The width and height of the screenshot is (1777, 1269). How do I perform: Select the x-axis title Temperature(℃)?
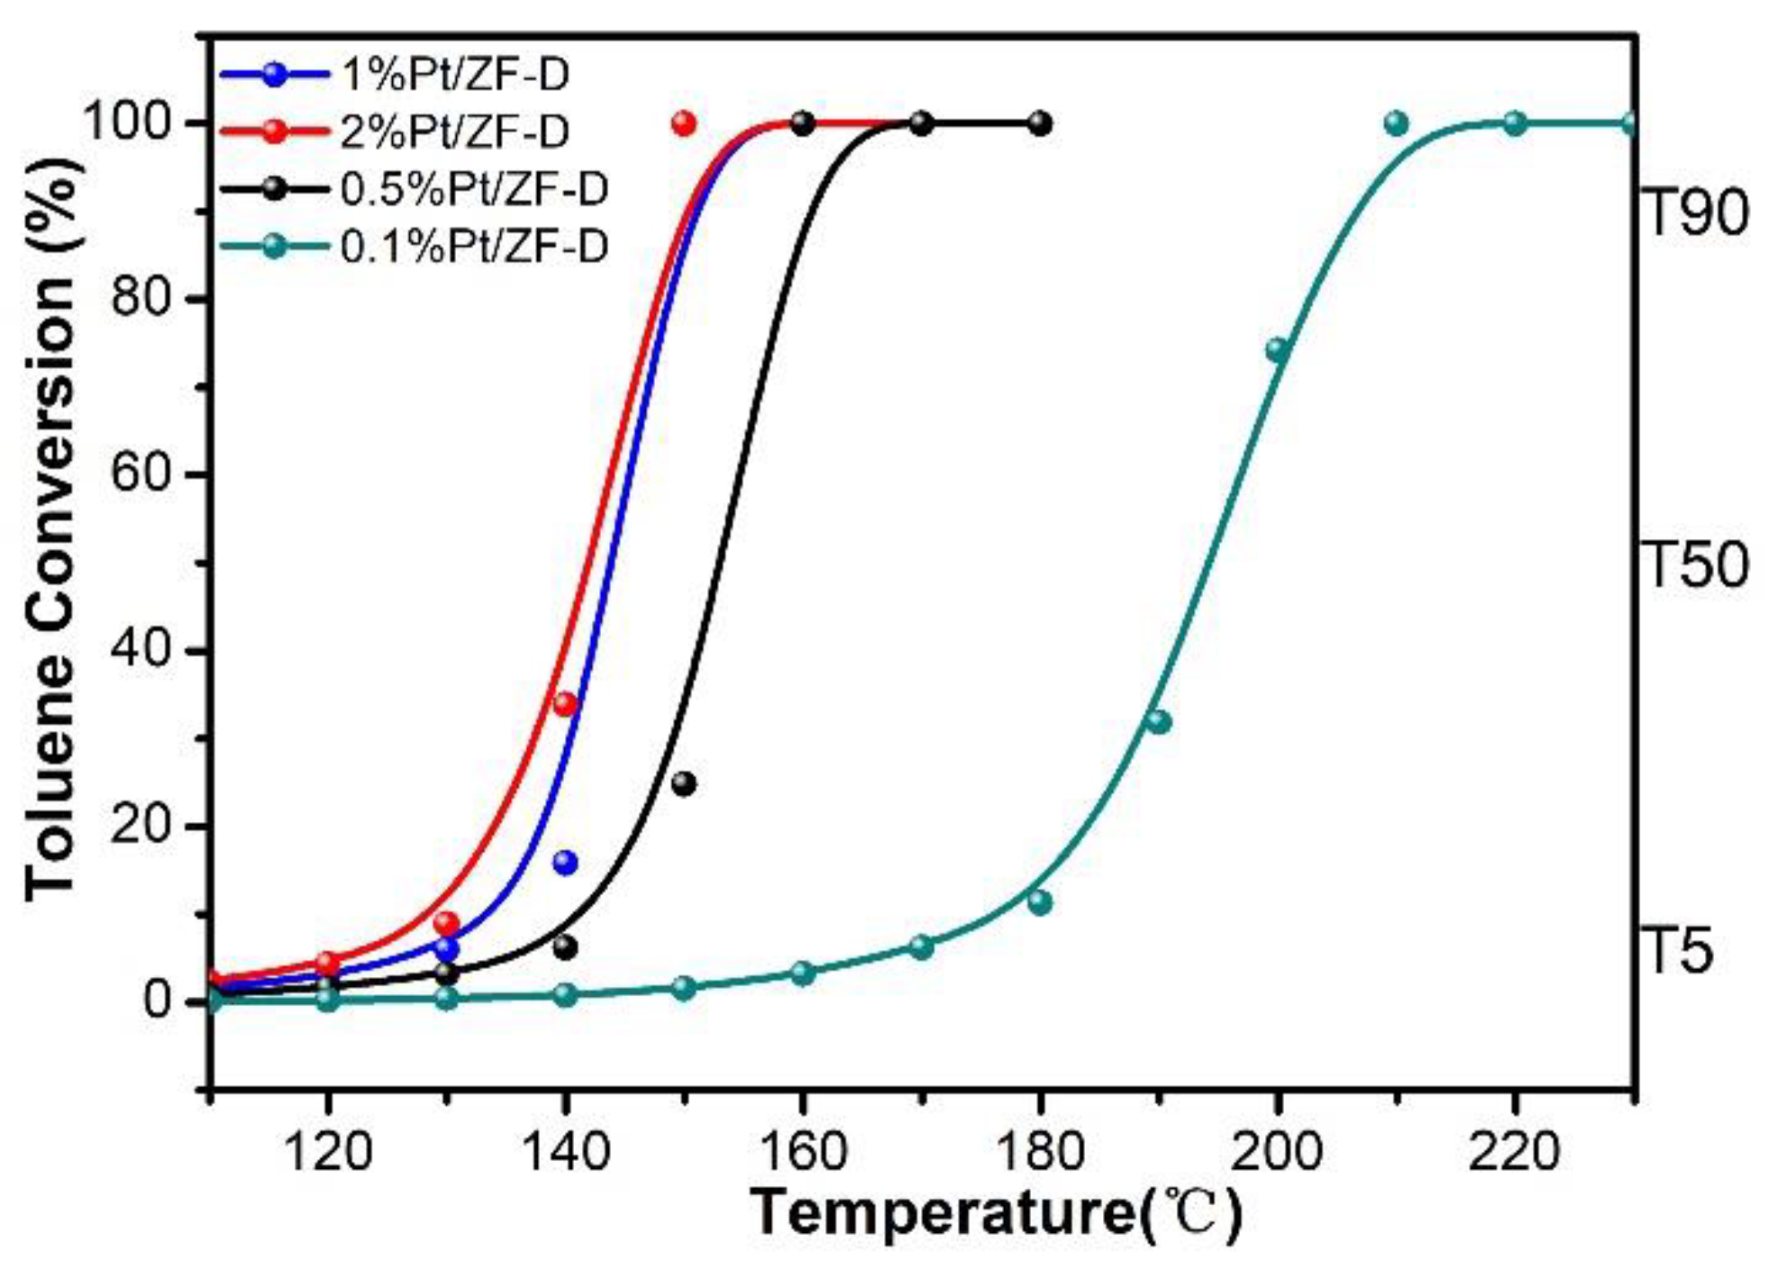tap(996, 1212)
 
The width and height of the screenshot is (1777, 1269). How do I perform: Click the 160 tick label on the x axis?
tap(803, 1151)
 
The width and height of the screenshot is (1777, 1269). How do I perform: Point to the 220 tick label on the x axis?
tap(1515, 1151)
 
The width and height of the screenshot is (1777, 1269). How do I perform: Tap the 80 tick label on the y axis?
tap(141, 297)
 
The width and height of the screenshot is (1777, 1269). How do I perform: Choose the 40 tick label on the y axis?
tap(141, 650)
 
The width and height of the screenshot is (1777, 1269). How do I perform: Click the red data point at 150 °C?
tap(684, 123)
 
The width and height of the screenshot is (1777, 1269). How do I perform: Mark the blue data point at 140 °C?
tap(565, 863)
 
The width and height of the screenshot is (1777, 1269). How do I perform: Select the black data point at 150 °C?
tap(684, 783)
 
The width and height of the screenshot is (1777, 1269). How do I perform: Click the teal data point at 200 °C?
tap(1277, 350)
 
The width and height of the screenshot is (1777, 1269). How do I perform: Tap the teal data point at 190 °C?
tap(1159, 721)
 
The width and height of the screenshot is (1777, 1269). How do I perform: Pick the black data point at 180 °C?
tap(1040, 123)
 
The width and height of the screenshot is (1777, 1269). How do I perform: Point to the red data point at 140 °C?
tap(565, 704)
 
